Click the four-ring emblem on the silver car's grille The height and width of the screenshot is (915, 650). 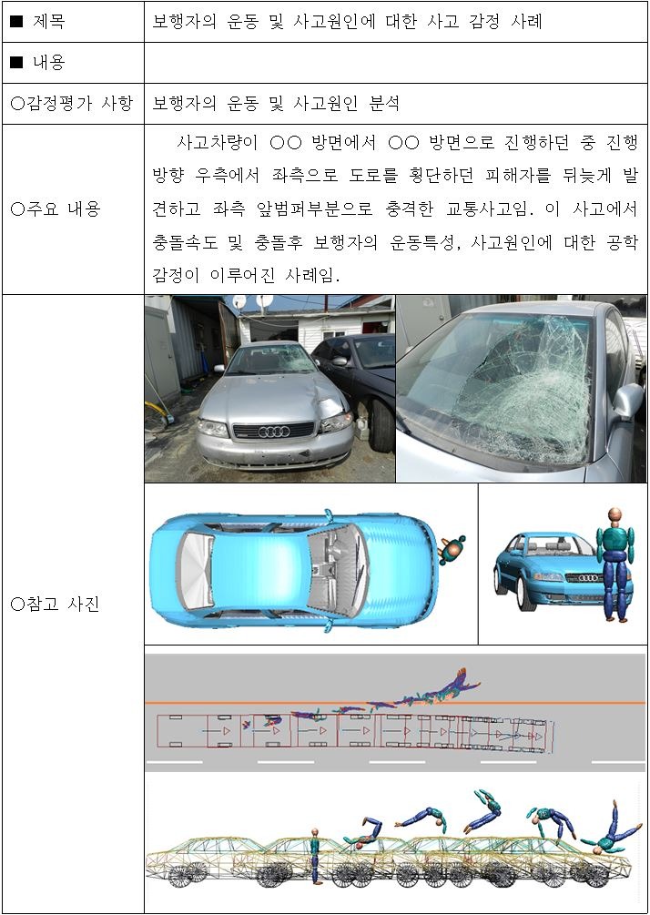click(x=272, y=431)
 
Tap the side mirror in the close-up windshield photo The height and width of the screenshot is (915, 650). click(x=627, y=402)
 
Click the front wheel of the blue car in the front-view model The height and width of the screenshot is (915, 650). click(x=526, y=593)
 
